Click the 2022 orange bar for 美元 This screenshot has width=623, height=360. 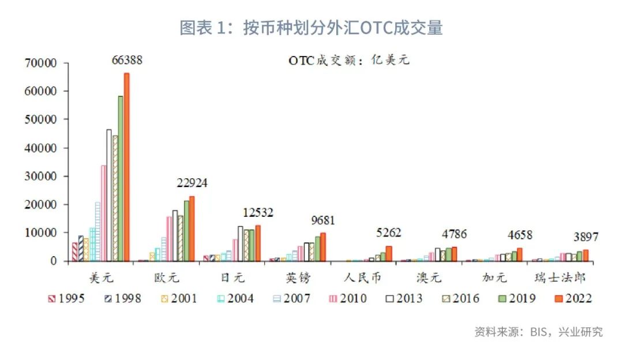pyautogui.click(x=126, y=167)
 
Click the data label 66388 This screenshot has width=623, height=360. pyautogui.click(x=126, y=60)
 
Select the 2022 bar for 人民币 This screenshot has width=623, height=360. pyautogui.click(x=389, y=254)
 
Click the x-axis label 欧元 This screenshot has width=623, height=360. pyautogui.click(x=167, y=277)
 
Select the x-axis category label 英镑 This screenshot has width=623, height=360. pyautogui.click(x=298, y=277)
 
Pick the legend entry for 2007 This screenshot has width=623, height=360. pyautogui.click(x=290, y=298)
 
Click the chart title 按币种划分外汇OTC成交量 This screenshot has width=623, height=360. pyautogui.click(x=311, y=28)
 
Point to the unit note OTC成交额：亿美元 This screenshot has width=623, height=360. pyautogui.click(x=349, y=60)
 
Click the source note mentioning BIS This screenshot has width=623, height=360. pyautogui.click(x=538, y=332)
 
